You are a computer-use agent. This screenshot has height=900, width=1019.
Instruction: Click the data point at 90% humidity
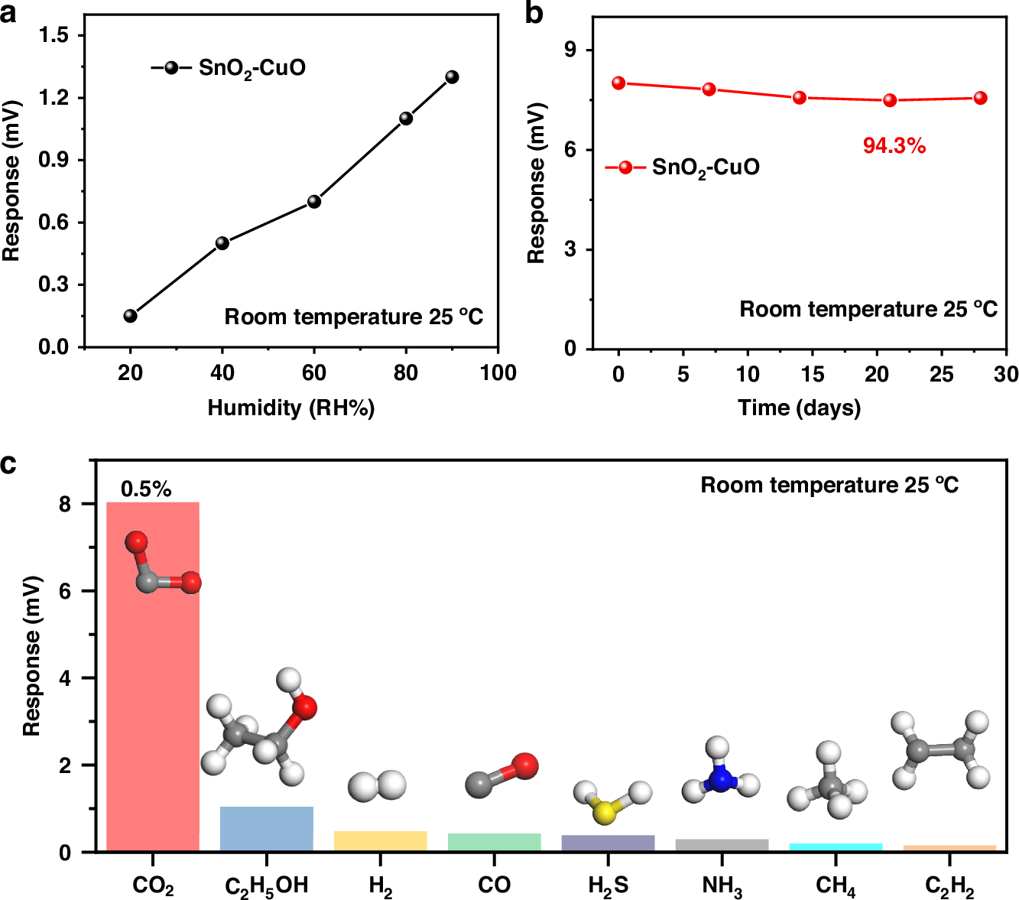point(452,77)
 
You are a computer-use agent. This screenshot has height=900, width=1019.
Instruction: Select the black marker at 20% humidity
point(131,316)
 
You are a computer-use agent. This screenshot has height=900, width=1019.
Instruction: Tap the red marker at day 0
point(618,83)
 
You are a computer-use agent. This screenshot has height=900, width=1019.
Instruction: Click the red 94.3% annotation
point(894,146)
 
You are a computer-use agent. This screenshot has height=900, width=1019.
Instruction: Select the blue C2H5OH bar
point(267,829)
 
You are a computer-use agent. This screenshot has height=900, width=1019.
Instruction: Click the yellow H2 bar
point(381,841)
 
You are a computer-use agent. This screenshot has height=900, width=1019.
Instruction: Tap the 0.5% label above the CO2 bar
point(146,489)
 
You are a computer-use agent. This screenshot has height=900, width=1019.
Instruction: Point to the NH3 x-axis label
point(722,886)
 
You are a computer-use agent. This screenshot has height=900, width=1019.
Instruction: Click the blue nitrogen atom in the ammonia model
point(721,779)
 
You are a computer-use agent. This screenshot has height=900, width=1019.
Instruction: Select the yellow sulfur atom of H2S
point(604,812)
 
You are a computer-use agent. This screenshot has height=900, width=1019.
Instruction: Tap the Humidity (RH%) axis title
point(291,408)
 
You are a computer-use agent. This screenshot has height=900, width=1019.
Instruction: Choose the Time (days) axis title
point(799,408)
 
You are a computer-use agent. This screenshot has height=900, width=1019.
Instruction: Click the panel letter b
point(534,14)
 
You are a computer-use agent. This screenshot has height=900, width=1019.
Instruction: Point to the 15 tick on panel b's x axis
point(812,374)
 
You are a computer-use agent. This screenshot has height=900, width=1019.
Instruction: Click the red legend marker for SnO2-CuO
point(625,167)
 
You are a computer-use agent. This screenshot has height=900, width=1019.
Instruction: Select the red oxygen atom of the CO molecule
point(524,765)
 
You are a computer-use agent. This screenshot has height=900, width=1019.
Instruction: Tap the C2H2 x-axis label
point(949,886)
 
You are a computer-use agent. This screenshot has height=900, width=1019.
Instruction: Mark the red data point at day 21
point(890,100)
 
